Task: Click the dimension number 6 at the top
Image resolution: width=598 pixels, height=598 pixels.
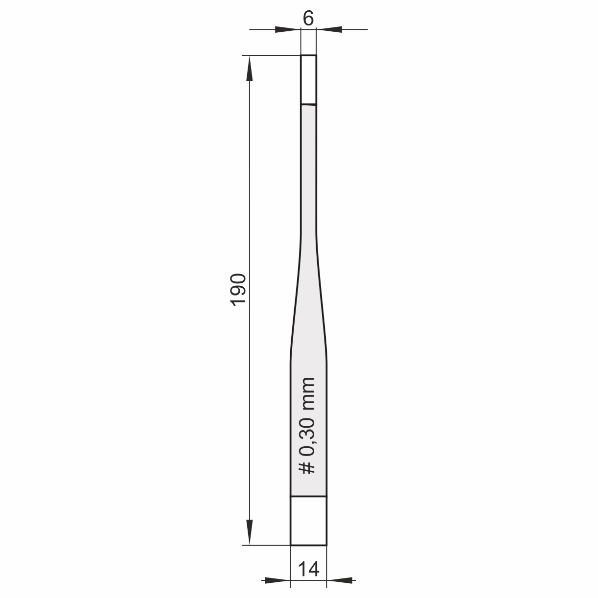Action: click(308, 18)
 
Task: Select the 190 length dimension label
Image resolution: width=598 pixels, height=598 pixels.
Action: click(239, 290)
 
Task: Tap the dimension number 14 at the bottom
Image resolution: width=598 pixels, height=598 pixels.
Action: click(308, 569)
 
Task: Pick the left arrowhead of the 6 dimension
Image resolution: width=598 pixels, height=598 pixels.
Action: click(288, 29)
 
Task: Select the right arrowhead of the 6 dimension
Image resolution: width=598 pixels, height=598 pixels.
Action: click(329, 29)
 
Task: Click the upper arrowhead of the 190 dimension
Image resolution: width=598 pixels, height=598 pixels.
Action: click(250, 69)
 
